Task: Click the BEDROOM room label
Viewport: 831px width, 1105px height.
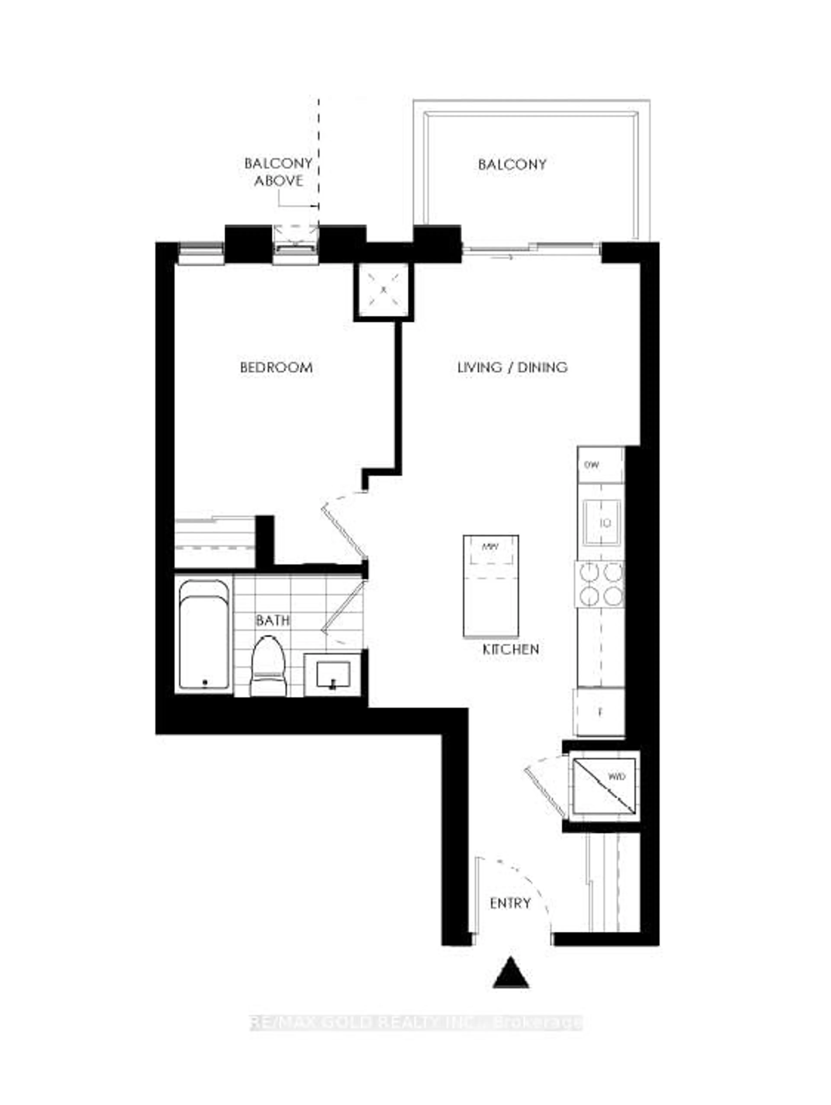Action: [x=276, y=368]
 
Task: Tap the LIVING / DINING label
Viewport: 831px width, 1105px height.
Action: [x=512, y=368]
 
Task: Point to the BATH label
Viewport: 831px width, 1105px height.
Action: [x=272, y=620]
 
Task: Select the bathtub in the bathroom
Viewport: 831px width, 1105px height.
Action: [x=204, y=635]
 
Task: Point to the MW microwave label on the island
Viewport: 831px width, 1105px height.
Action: [x=490, y=547]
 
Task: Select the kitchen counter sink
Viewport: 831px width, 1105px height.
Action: [x=602, y=523]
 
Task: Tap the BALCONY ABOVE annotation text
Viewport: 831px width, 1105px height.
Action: [x=278, y=172]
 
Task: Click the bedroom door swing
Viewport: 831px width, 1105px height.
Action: [x=345, y=525]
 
